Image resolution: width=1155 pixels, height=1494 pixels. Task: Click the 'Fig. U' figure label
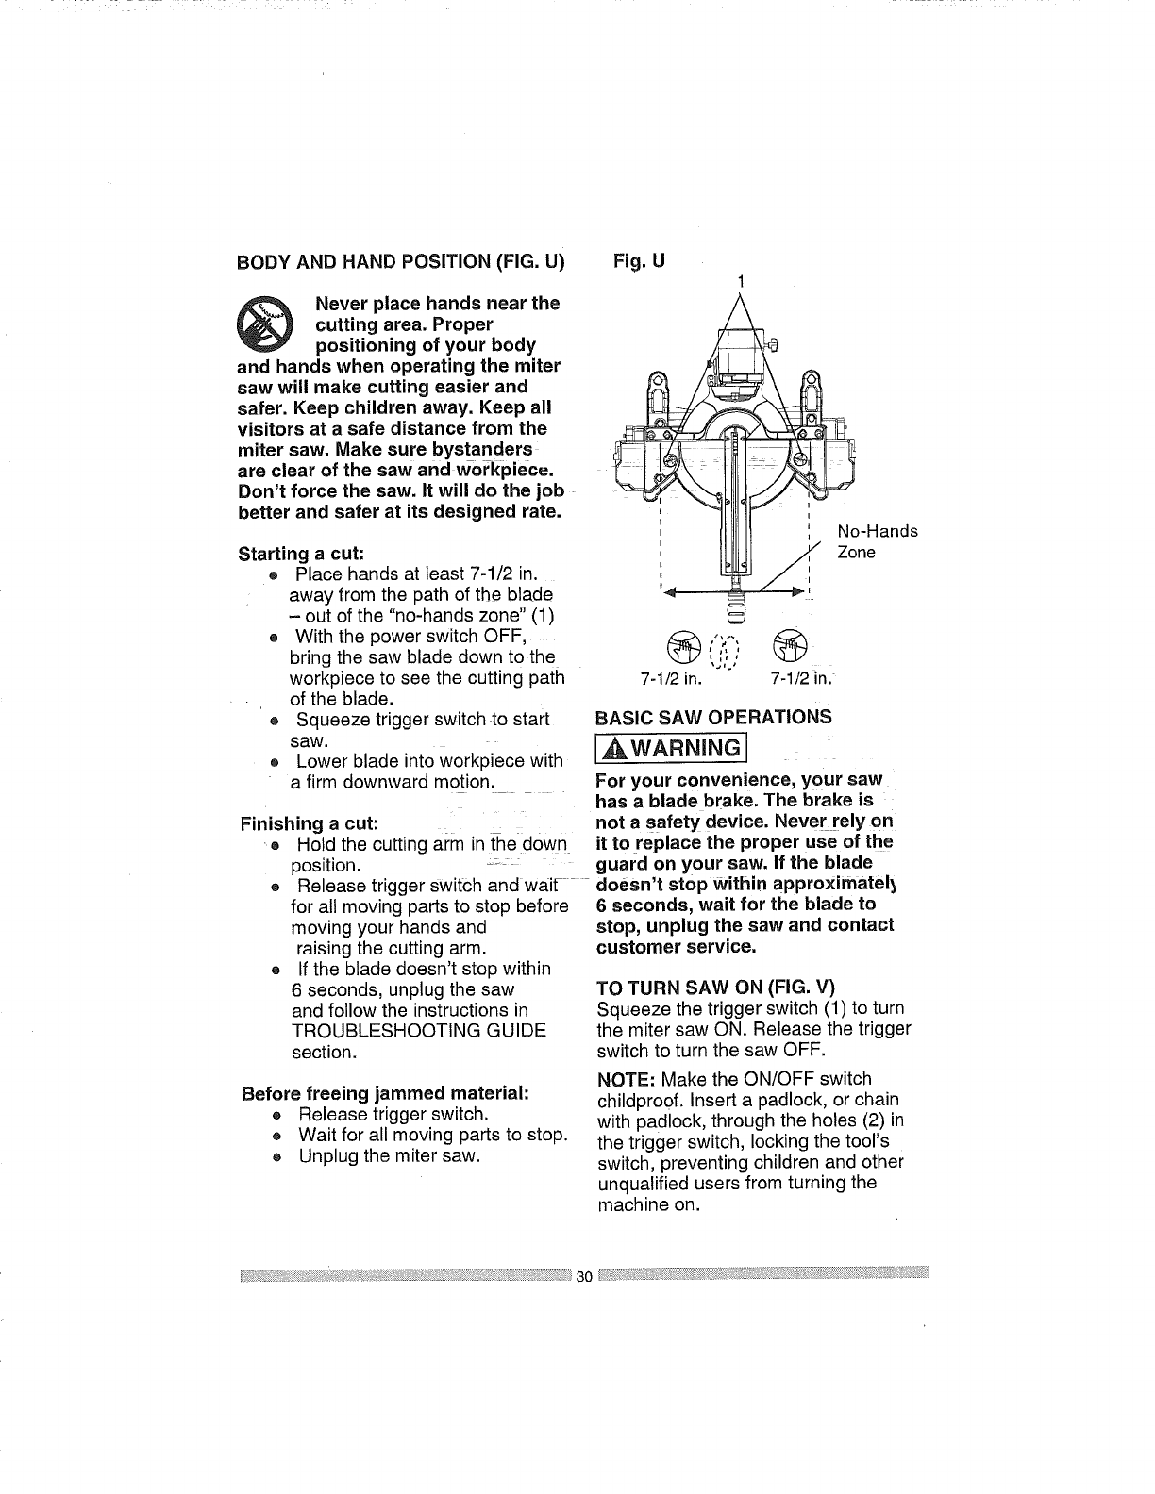[x=640, y=260]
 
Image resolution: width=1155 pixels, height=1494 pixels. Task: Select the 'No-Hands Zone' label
[x=877, y=541]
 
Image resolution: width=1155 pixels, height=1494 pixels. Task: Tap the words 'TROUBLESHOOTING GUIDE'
[x=418, y=1031]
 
